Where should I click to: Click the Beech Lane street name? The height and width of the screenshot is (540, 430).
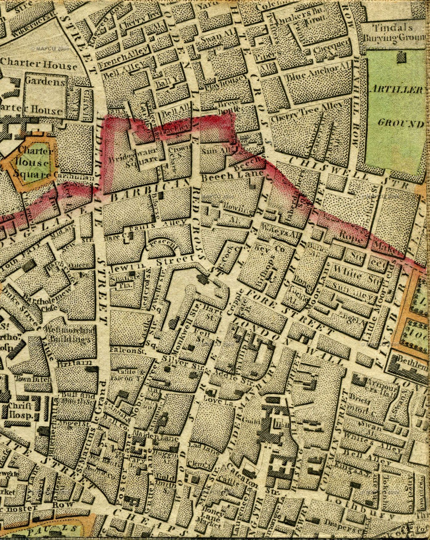click(x=232, y=176)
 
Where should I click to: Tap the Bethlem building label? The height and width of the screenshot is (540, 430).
click(x=412, y=359)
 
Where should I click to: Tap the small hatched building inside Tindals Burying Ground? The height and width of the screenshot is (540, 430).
click(x=401, y=57)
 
